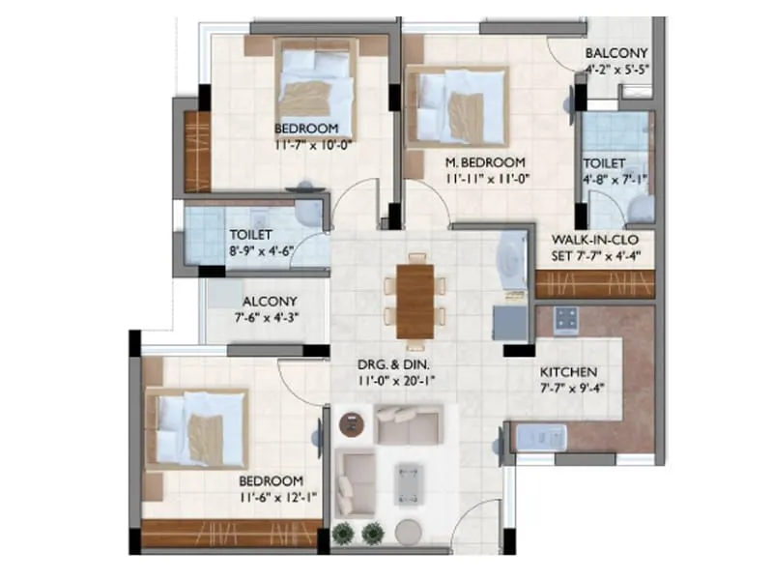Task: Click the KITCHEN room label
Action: click(568, 372)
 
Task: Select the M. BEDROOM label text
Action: click(485, 162)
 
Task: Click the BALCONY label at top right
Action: click(616, 53)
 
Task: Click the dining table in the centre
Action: click(415, 301)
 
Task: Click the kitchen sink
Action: click(533, 439)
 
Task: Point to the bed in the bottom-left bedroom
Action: click(198, 429)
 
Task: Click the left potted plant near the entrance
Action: click(343, 533)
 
